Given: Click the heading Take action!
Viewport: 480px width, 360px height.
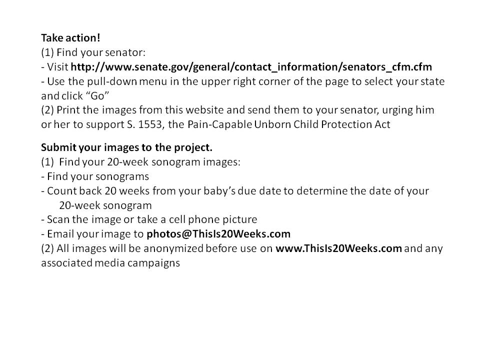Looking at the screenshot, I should [x=70, y=38].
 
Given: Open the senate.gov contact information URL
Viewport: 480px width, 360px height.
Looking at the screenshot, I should [x=251, y=67].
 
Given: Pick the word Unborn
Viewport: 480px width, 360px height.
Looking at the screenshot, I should [x=270, y=124].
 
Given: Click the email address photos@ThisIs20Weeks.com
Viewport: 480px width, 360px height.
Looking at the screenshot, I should [x=218, y=234].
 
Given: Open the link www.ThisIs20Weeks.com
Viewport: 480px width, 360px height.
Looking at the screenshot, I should [x=338, y=248].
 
